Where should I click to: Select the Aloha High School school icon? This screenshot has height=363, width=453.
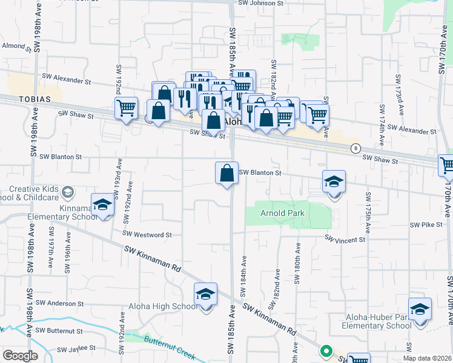click(x=206, y=295)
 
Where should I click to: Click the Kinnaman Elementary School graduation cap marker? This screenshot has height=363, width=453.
click(x=102, y=205)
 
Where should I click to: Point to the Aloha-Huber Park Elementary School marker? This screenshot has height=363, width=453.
click(x=420, y=309)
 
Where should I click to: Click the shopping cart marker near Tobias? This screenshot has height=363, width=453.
click(x=126, y=109)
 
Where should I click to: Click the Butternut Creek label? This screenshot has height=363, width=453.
click(x=157, y=340)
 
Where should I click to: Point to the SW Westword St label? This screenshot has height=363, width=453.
click(x=147, y=234)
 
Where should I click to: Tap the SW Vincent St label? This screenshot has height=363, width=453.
click(x=345, y=240)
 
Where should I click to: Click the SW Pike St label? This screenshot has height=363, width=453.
click(x=423, y=225)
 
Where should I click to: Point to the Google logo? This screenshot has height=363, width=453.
click(x=20, y=355)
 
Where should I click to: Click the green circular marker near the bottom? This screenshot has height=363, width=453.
click(x=326, y=351)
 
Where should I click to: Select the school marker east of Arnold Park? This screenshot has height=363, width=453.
click(x=334, y=181)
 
